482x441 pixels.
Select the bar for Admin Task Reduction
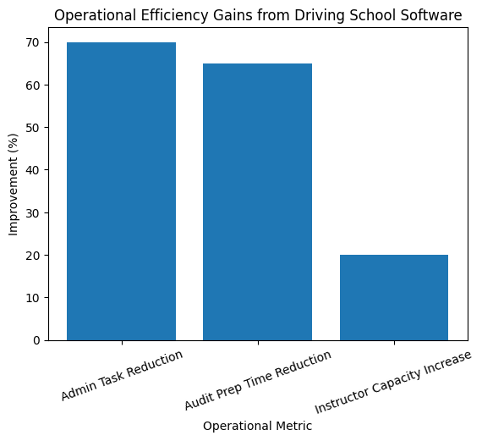(x=121, y=191)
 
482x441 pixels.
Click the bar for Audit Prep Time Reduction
(x=257, y=201)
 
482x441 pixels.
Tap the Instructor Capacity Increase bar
(x=394, y=297)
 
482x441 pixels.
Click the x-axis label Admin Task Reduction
(x=122, y=374)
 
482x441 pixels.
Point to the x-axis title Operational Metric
(x=257, y=427)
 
